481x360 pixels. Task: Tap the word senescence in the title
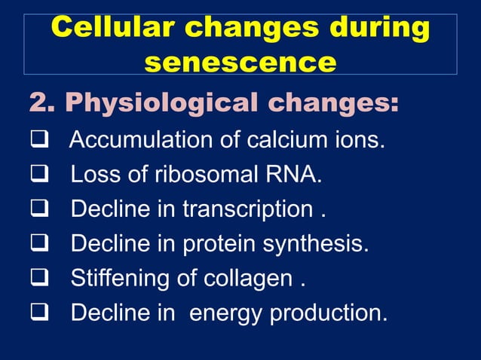240,61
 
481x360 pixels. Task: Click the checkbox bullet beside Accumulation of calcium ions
37,140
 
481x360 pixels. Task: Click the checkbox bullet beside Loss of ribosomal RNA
37,175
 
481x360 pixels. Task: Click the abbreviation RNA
293,175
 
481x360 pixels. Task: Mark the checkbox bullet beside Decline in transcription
37,209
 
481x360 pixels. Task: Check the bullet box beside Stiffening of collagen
37,279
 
